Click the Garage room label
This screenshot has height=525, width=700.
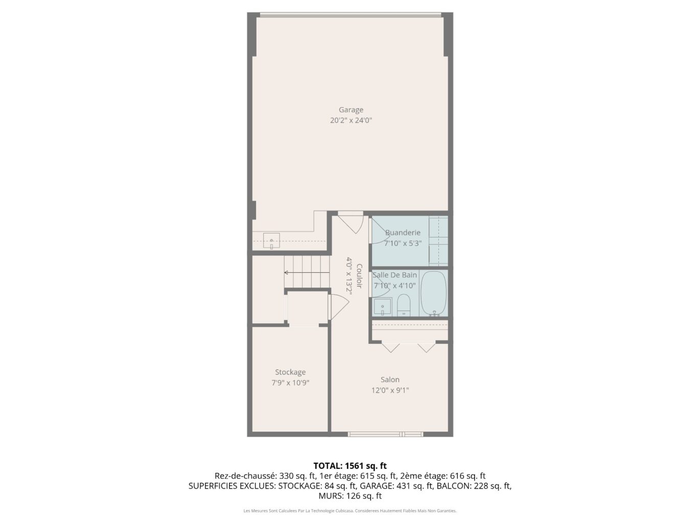click(x=351, y=110)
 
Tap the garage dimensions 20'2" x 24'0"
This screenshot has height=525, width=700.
click(x=351, y=121)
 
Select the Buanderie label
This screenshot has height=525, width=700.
click(x=403, y=233)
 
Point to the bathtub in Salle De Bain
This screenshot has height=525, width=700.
click(x=433, y=294)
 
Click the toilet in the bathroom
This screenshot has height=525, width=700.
click(x=404, y=305)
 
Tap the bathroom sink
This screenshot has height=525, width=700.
click(x=382, y=306)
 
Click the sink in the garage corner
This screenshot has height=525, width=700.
click(x=271, y=241)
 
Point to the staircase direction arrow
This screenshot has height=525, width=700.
click(x=307, y=273)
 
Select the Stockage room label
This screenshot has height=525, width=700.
click(x=290, y=372)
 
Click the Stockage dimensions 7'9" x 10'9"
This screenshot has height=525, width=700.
click(x=290, y=383)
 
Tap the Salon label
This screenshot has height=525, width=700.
click(x=390, y=379)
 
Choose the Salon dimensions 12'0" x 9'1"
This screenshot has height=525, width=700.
click(x=390, y=390)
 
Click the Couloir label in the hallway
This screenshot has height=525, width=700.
click(x=359, y=276)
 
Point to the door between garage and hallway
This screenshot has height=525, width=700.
click(x=351, y=222)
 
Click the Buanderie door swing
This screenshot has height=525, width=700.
click(x=378, y=230)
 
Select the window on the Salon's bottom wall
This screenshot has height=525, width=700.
click(x=385, y=434)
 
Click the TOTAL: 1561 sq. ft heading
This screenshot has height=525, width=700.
click(x=350, y=466)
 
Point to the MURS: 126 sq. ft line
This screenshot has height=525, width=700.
click(x=350, y=496)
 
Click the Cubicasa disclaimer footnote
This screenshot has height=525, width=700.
click(x=350, y=511)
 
